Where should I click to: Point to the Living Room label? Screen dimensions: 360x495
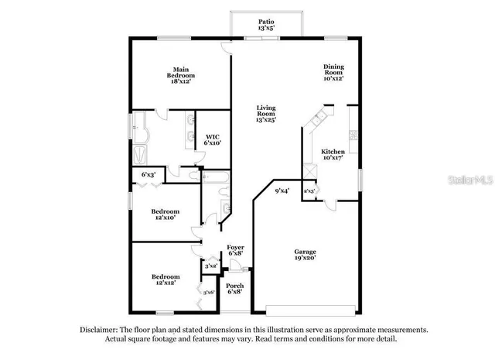pos(266,114)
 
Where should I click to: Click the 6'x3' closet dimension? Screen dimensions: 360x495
pos(147,175)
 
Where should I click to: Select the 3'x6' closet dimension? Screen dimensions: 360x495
pos(207,293)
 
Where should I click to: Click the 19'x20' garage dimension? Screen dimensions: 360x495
pos(303,259)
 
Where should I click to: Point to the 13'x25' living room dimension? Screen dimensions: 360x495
pos(266,120)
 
